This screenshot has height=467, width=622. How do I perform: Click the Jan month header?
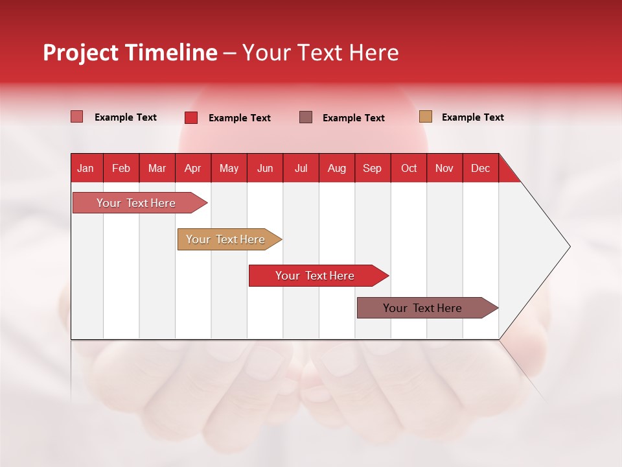86,168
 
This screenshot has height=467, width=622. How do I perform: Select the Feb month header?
121,168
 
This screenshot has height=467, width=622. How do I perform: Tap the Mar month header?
157,168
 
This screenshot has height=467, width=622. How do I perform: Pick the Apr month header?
192,168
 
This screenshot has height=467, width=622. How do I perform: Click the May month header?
229,168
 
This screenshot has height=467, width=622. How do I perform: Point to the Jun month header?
265,168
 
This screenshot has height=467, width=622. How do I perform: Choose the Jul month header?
301,168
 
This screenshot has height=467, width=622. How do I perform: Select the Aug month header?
336,168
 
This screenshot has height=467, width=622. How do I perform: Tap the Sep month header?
372,168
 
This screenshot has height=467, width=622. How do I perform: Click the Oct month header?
409,168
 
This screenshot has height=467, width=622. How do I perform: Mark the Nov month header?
444,168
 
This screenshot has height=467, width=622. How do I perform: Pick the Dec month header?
480,168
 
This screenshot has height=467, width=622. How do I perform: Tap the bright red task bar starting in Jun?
316,276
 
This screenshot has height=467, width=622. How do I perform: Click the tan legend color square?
425,117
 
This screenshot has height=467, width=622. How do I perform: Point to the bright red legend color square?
191,117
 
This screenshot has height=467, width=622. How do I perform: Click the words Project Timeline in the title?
130,53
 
